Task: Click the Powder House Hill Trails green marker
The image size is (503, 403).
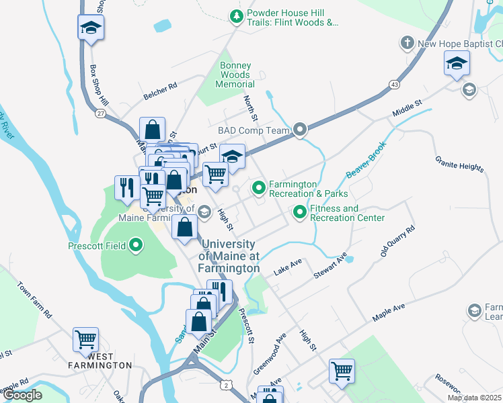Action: (x=236, y=16)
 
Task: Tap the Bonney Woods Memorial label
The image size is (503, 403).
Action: (x=235, y=75)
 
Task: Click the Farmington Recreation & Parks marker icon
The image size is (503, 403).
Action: (x=259, y=189)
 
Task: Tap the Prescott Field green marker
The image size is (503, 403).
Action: (x=137, y=246)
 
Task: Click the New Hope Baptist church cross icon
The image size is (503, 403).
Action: (x=407, y=44)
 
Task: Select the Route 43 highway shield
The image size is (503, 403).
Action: (x=394, y=84)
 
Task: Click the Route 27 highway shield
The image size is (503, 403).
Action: (x=100, y=114)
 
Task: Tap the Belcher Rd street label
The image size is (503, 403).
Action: (x=159, y=91)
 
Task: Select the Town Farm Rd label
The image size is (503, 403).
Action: (x=35, y=300)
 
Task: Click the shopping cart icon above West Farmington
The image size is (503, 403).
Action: (x=86, y=339)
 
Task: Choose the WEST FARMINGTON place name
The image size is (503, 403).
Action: (x=100, y=360)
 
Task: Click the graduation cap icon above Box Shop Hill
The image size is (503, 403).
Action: (x=91, y=28)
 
